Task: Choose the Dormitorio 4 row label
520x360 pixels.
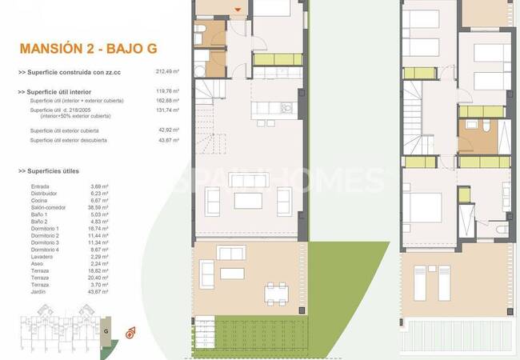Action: (45, 248)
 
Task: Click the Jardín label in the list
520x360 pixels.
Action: (38, 290)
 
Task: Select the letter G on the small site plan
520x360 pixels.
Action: (106, 330)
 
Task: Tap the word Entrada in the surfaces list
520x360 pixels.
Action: (39, 186)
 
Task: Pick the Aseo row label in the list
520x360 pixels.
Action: (37, 262)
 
